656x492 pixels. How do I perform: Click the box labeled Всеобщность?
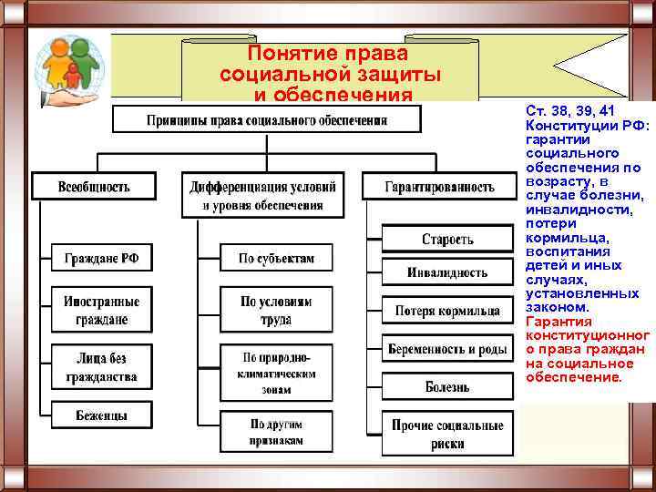tap(94, 186)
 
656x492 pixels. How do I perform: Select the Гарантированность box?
tap(439, 186)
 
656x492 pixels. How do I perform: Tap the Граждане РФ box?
tap(101, 258)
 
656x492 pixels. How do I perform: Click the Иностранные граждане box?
tap(101, 310)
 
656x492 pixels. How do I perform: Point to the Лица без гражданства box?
tap(101, 365)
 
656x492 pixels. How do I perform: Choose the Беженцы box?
tap(101, 415)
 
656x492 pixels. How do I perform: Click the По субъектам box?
tap(276, 258)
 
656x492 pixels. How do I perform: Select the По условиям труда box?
tap(276, 310)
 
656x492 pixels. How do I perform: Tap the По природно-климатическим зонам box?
tap(276, 373)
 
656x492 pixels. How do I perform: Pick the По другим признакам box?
tap(276, 432)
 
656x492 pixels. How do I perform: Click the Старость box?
tap(446, 239)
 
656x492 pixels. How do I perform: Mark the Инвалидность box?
tap(446, 272)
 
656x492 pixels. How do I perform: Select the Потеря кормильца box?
tap(446, 311)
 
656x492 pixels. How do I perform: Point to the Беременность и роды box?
tap(446, 349)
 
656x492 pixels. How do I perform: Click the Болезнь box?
tap(446, 386)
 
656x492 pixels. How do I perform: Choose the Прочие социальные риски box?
tap(446, 434)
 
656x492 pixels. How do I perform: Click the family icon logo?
tap(67, 67)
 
